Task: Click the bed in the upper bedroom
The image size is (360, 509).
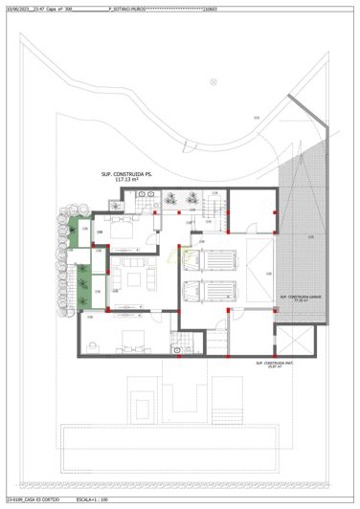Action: point(123,229)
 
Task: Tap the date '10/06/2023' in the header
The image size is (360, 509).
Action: point(17,7)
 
